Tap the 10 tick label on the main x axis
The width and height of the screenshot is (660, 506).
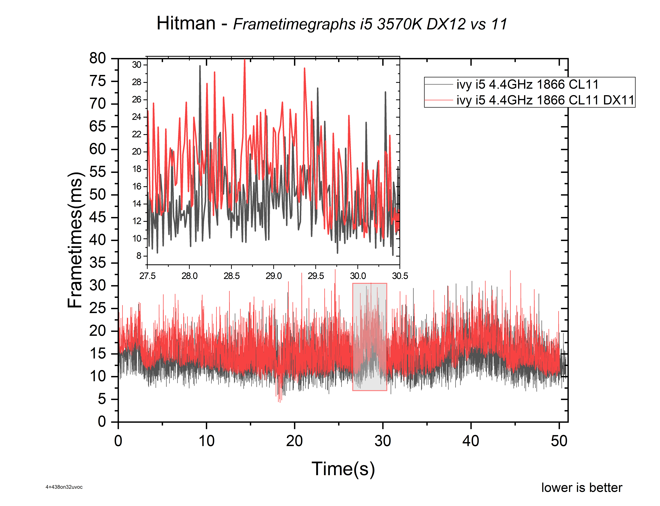207,441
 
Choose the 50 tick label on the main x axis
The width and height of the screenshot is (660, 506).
559,441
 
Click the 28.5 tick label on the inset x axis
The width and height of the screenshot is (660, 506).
231,276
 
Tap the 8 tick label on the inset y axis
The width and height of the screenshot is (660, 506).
139,256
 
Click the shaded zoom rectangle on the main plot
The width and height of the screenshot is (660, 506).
370,337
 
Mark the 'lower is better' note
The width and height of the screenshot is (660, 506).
582,488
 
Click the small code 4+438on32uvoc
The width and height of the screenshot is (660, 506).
64,487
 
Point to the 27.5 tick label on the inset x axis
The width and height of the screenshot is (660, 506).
147,276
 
